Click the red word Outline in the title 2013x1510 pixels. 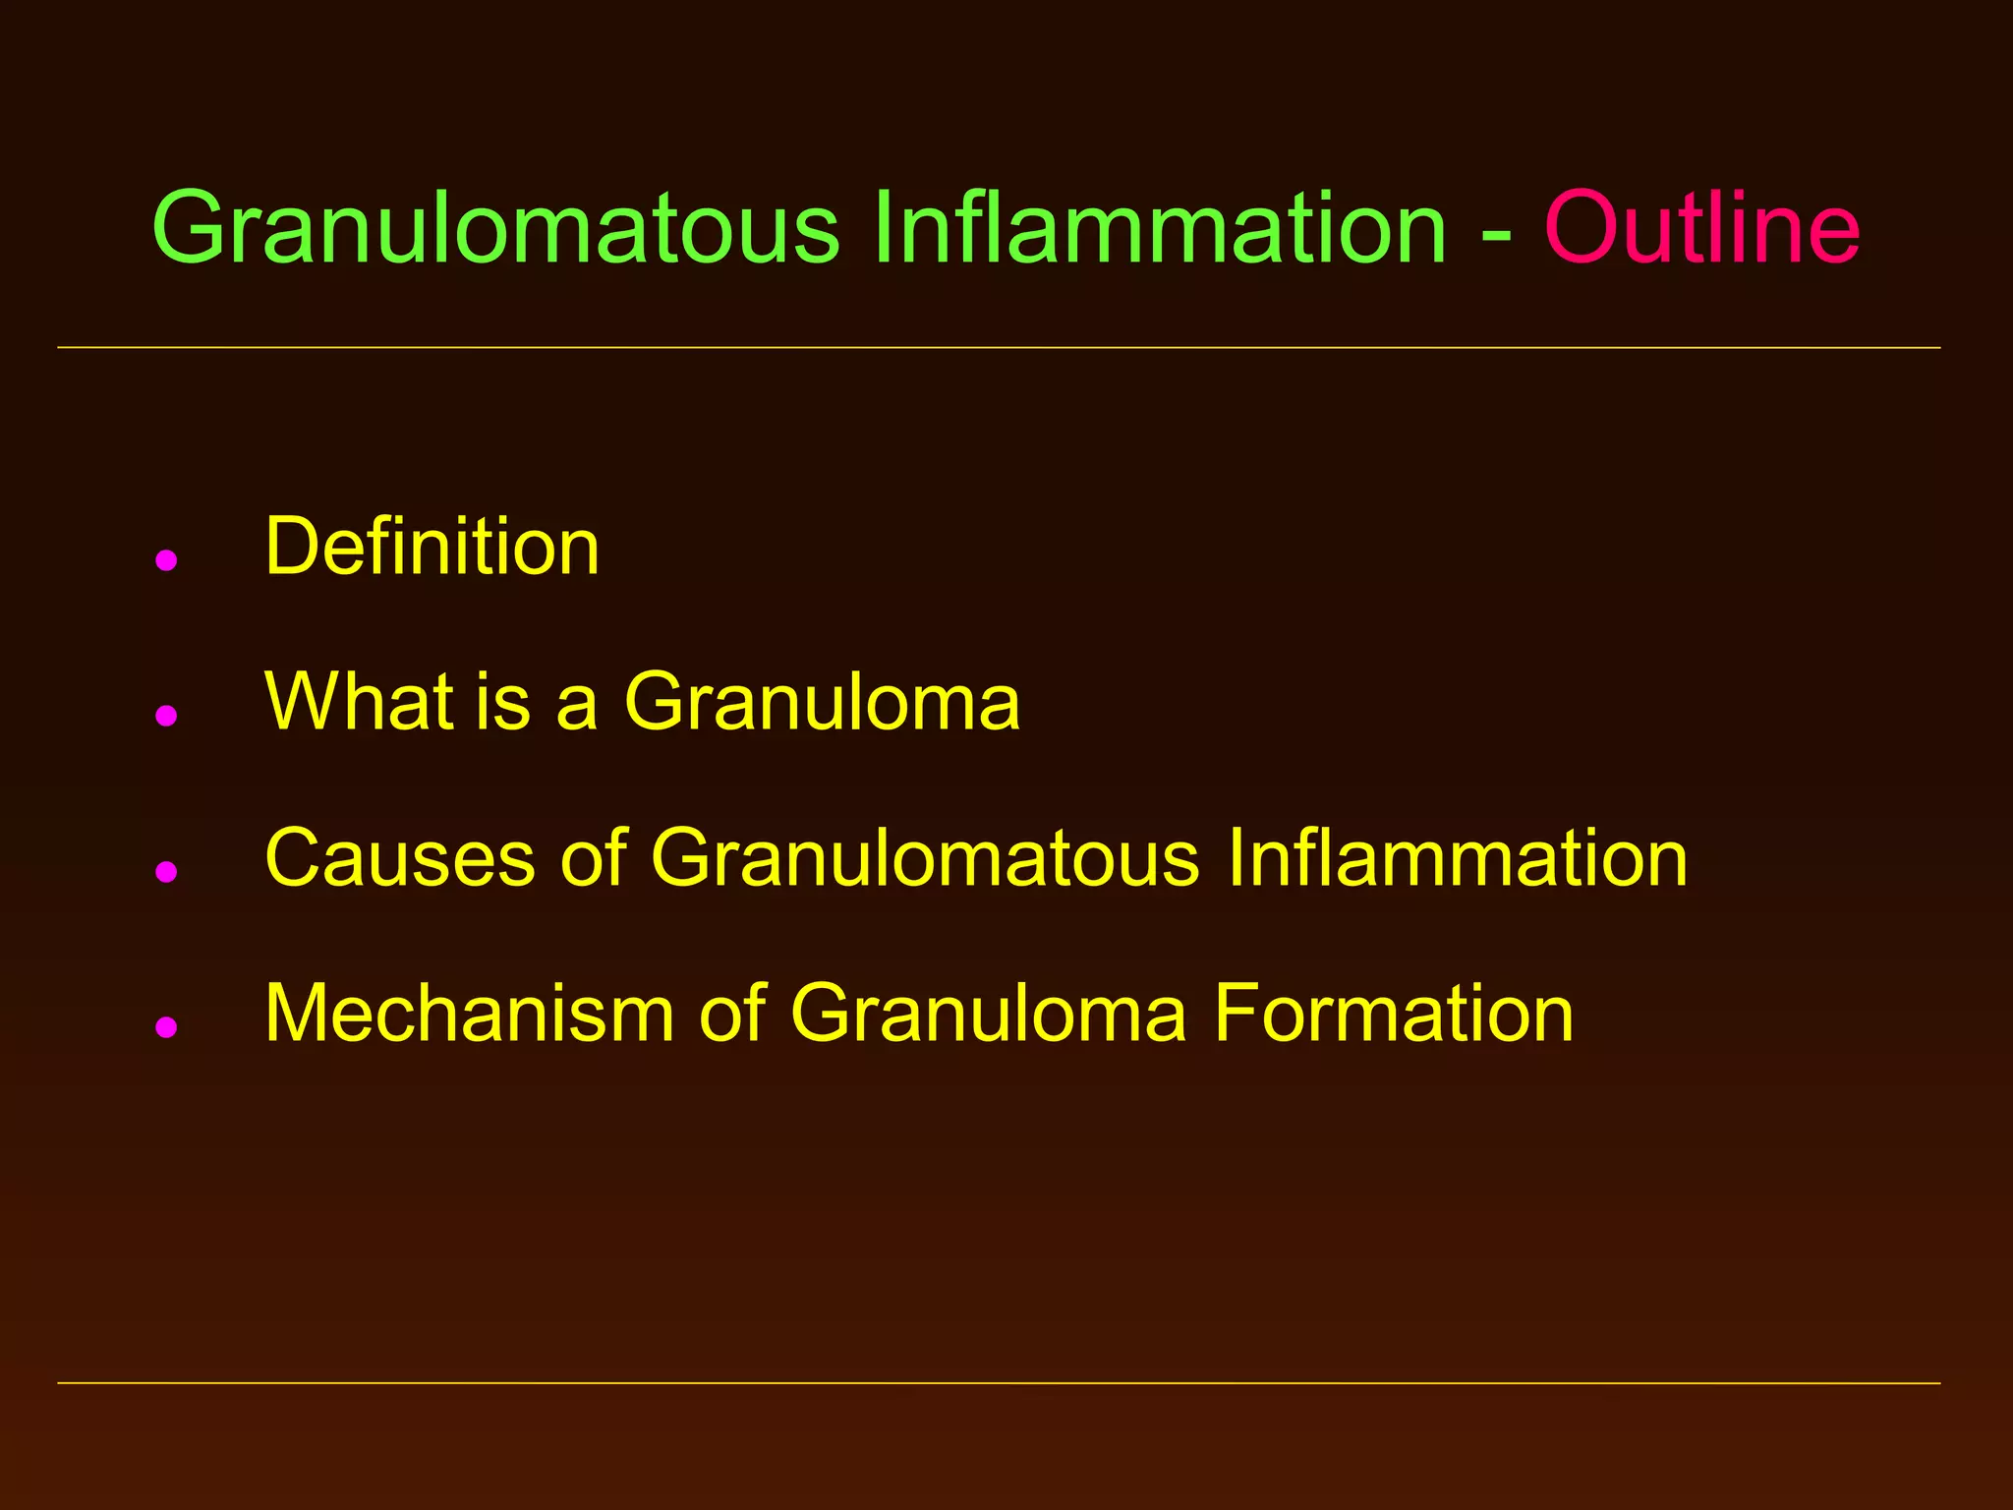1701,228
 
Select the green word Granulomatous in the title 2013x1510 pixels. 495,228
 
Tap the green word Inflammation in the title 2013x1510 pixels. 1160,228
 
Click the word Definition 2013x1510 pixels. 431,547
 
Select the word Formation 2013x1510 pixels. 1393,1013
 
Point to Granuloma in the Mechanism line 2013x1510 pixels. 988,1013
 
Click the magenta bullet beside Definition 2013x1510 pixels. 166,560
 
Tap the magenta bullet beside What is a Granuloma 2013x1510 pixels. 166,715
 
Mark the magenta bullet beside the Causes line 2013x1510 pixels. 166,871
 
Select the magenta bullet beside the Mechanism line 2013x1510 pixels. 166,1026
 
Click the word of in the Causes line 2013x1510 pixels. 594,857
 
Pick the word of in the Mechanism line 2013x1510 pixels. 732,1013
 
